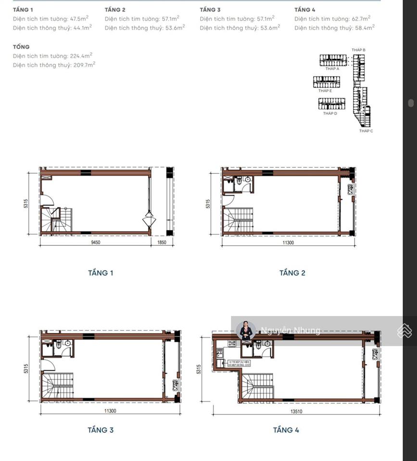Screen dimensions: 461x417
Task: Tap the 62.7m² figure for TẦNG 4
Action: (360, 19)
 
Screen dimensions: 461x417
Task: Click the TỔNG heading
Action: (21, 47)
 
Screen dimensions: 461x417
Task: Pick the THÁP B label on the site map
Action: (359, 50)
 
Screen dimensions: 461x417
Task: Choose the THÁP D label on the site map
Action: (330, 113)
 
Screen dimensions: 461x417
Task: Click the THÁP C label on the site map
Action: (366, 131)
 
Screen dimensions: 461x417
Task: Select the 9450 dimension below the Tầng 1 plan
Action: (94, 243)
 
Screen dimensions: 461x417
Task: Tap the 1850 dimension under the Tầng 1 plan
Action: (162, 243)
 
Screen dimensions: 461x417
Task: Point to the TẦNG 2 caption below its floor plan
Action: (292, 273)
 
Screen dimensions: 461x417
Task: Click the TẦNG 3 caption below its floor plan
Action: (101, 430)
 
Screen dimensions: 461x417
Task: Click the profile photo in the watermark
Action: (246, 330)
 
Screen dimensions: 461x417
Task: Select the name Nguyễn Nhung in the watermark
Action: (290, 330)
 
